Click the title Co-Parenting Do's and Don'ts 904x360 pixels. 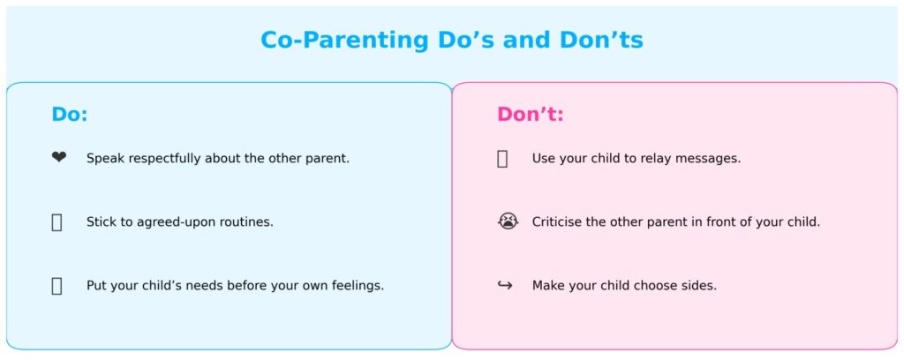pos(451,41)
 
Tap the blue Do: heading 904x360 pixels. pos(70,115)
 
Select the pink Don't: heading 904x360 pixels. pos(530,115)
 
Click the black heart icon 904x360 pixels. pos(58,158)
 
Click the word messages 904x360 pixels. pos(710,159)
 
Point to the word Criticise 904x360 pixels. pos(557,222)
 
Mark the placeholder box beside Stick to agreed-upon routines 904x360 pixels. pos(56,222)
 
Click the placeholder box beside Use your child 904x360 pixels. pos(502,159)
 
